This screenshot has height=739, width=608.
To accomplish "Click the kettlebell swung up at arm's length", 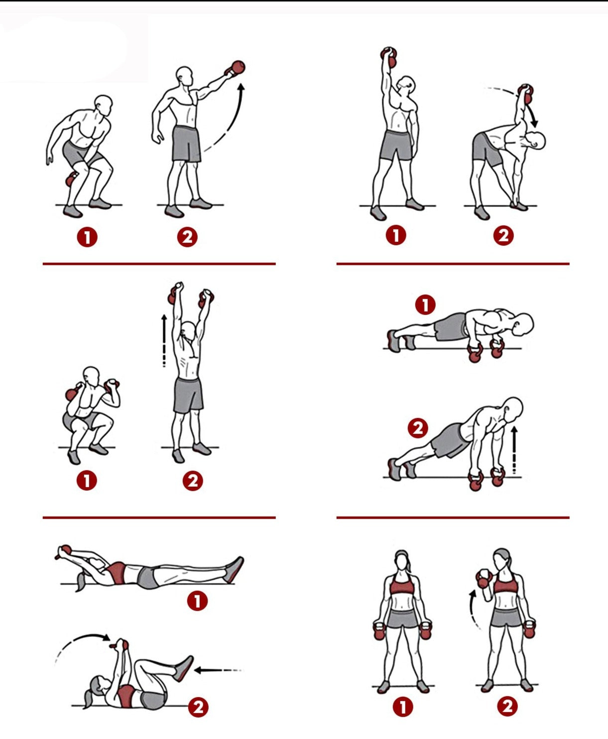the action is tap(236, 68).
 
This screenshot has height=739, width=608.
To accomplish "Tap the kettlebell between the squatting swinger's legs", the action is tap(72, 180).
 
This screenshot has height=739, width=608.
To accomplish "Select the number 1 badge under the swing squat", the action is tap(87, 237).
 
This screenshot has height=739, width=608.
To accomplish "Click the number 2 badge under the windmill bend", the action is tap(503, 235).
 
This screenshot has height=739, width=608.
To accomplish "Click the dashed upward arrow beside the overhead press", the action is tap(164, 340).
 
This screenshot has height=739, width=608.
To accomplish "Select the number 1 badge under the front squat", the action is tap(87, 480).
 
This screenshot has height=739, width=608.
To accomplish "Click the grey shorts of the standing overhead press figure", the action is tap(188, 395).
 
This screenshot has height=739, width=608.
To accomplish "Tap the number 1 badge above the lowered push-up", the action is tap(425, 305).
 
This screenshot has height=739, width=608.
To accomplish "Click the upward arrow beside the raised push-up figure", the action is tap(514, 449).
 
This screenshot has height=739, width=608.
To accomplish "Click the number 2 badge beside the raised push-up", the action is tap(418, 428).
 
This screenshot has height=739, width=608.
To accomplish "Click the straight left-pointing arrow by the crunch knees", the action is tap(218, 670).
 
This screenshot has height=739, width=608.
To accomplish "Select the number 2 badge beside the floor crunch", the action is tap(198, 707).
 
